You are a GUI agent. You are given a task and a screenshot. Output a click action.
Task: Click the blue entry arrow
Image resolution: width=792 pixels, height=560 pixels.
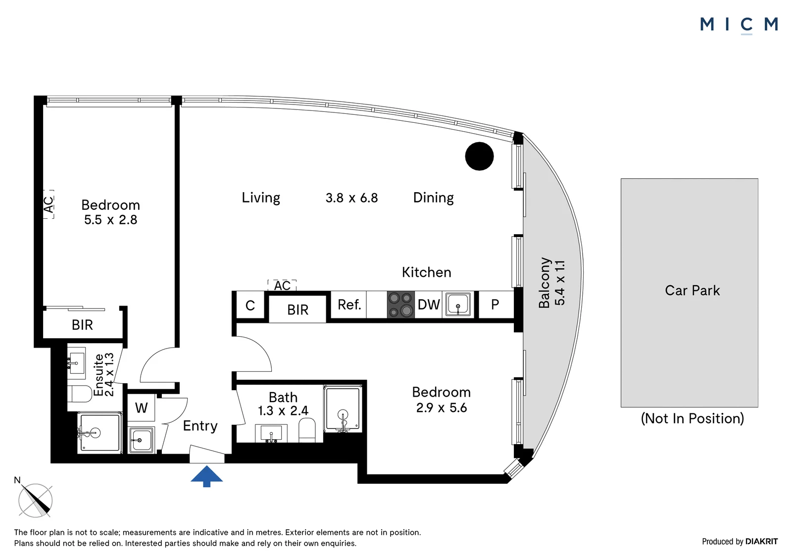click(206, 476)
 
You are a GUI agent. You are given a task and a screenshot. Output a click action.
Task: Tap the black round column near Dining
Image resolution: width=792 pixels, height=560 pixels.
click(479, 156)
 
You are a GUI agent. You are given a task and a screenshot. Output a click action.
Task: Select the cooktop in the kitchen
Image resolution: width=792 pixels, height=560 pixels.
click(400, 305)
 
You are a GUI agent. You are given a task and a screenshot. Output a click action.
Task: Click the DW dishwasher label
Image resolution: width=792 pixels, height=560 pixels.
click(429, 305)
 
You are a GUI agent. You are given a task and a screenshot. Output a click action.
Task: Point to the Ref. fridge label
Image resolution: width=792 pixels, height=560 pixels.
click(349, 305)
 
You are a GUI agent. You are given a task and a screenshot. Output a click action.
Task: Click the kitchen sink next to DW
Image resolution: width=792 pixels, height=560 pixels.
click(458, 304)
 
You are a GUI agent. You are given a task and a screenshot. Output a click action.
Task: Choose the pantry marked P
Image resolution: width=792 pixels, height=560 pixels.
click(495, 305)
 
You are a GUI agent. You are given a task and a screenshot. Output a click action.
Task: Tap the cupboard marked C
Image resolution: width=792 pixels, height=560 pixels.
click(250, 305)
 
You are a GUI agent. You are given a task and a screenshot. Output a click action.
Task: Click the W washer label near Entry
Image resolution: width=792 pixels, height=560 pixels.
click(141, 408)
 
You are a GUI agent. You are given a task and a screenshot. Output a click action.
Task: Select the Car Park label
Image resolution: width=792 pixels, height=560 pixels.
click(693, 291)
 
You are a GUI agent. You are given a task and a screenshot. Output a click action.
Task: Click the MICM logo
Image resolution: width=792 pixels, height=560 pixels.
click(739, 25)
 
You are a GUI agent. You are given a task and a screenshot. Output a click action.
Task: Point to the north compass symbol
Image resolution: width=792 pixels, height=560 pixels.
click(35, 499)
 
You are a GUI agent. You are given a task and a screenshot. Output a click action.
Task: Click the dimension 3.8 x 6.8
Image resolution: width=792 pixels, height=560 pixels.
click(352, 198)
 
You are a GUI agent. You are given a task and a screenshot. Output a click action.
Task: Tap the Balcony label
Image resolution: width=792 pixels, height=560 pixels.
click(544, 283)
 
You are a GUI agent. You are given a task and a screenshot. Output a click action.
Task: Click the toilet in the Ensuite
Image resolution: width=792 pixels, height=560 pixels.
click(80, 394)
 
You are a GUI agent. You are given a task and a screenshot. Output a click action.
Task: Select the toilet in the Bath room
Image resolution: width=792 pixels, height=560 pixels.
click(307, 430)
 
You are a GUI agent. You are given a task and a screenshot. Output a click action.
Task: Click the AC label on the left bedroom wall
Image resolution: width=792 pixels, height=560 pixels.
click(49, 204)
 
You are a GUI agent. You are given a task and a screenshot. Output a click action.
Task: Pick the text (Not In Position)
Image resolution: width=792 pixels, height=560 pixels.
click(693, 418)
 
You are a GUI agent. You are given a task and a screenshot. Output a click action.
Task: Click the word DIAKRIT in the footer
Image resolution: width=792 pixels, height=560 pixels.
click(761, 542)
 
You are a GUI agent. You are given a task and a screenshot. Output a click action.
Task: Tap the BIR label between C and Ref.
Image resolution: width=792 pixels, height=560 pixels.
click(297, 310)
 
